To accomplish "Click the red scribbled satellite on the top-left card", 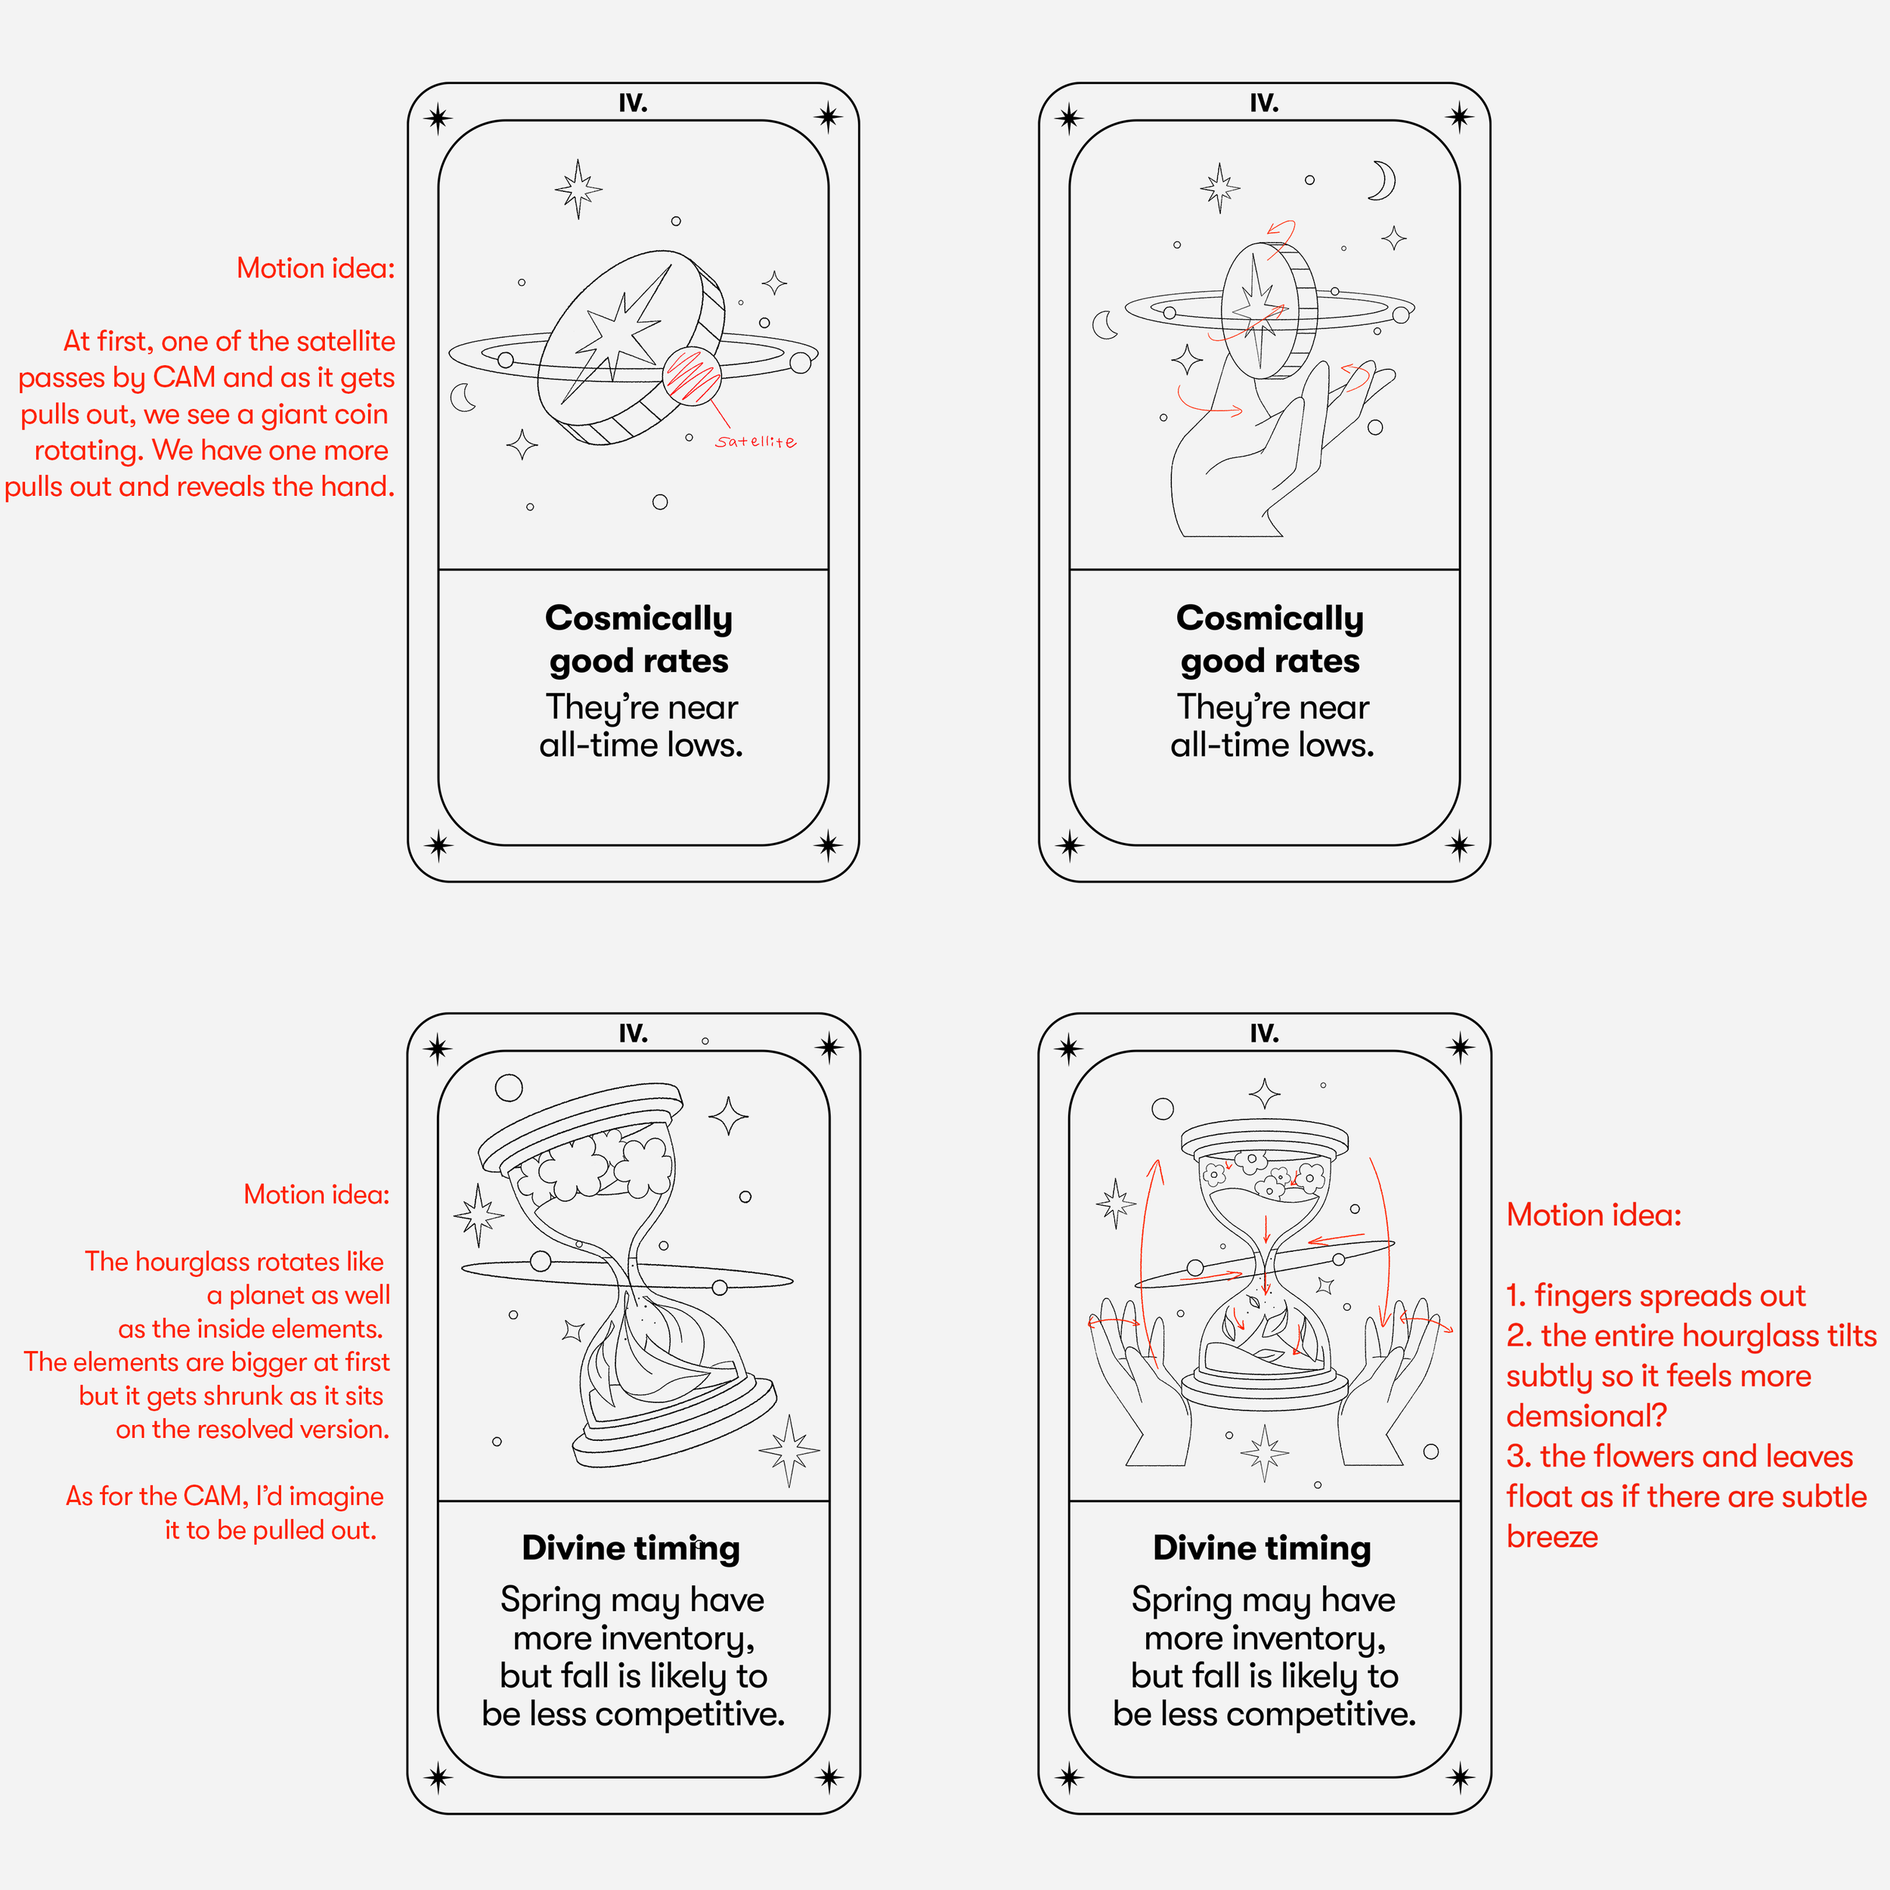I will tap(692, 375).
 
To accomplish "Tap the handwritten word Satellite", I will tap(755, 442).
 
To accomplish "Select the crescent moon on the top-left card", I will tap(462, 397).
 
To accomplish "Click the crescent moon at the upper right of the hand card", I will tap(1382, 180).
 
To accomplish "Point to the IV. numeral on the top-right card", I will tap(1264, 103).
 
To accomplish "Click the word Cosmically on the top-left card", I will tap(639, 618).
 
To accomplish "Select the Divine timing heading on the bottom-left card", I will tap(631, 1548).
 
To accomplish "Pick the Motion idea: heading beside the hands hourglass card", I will tap(1594, 1215).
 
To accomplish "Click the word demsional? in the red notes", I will tap(1586, 1415).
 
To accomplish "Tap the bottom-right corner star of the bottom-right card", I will tap(1460, 1777).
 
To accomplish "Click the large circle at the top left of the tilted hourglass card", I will tap(509, 1088).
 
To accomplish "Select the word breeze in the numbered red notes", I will tap(1551, 1537).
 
